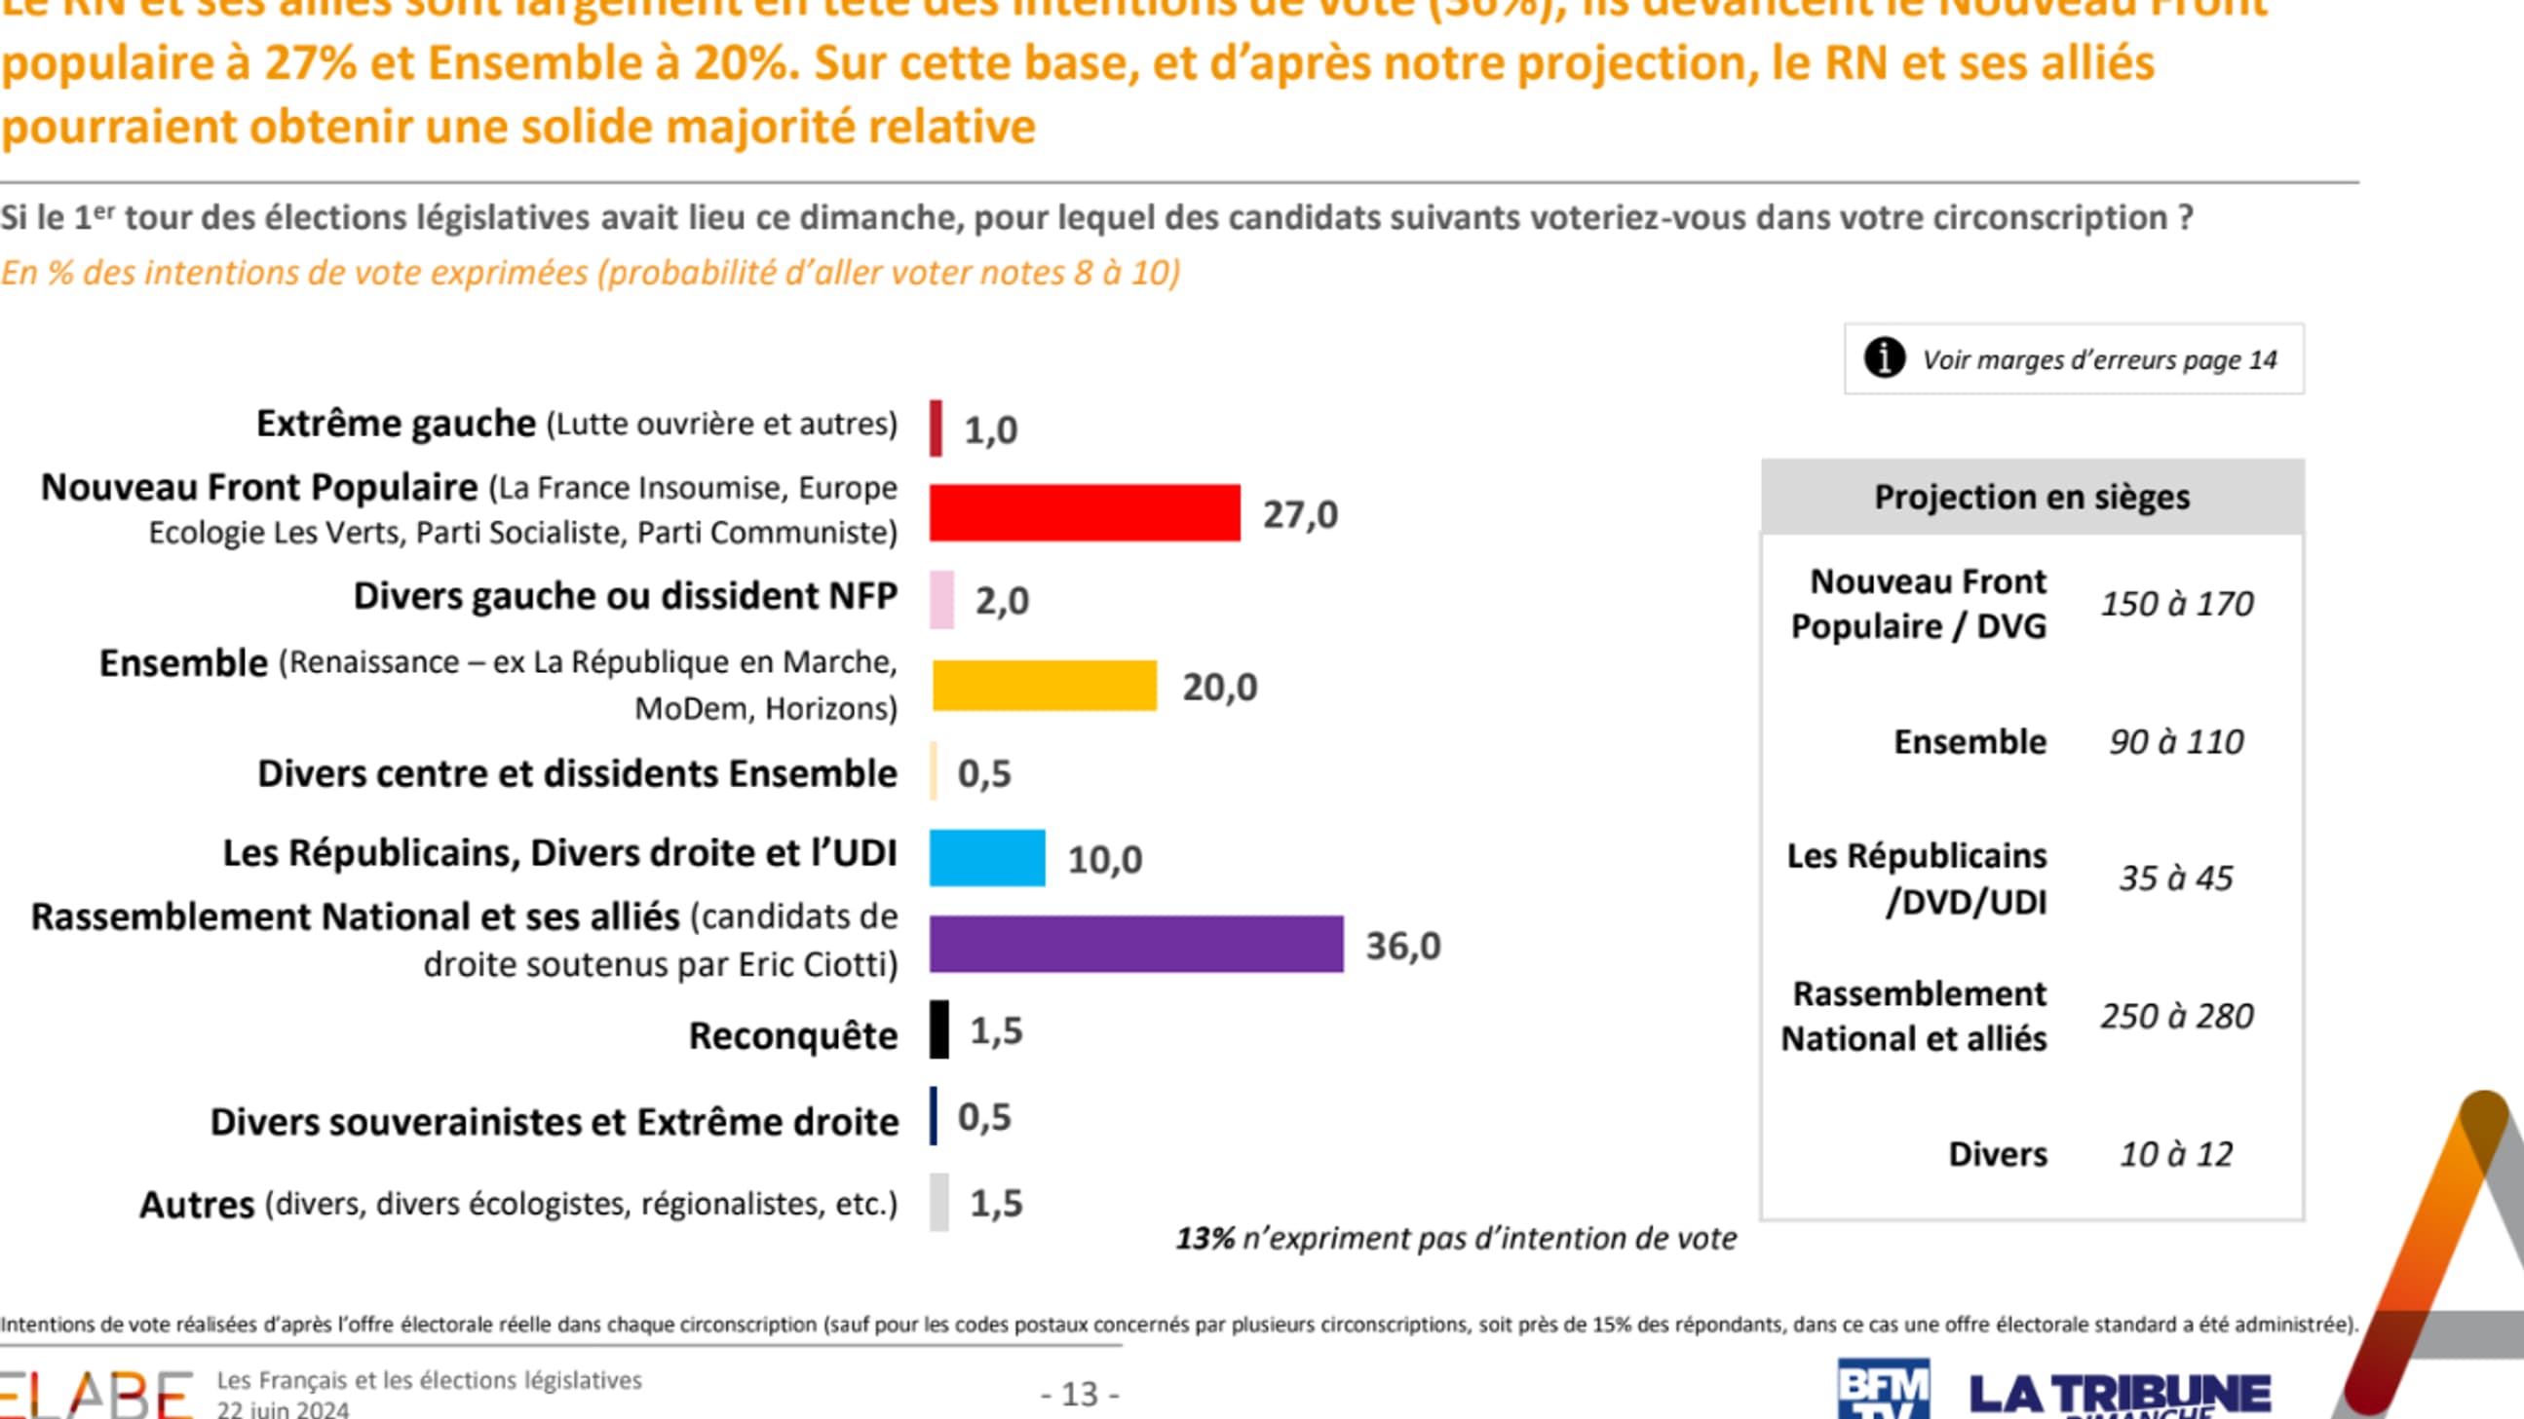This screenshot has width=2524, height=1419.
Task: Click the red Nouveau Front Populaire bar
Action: click(x=1084, y=512)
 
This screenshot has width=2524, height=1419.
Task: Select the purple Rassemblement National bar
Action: click(x=1135, y=944)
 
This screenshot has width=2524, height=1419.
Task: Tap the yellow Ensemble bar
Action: click(x=1044, y=686)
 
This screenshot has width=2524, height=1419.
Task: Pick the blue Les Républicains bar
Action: click(x=986, y=858)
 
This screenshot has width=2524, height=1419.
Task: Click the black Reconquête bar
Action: click(x=938, y=1029)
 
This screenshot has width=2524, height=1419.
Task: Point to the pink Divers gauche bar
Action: click(x=941, y=599)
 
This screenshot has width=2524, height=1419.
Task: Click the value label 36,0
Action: click(x=1403, y=946)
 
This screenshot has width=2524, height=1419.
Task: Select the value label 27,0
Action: click(x=1299, y=514)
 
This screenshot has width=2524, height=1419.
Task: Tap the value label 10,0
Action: click(x=1104, y=860)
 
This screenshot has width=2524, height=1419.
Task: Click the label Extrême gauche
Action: click(x=396, y=424)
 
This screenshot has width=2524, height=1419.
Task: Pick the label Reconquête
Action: click(x=792, y=1035)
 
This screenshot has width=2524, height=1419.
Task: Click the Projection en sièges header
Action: click(x=2031, y=497)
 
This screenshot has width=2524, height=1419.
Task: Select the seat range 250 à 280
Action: click(x=2176, y=1017)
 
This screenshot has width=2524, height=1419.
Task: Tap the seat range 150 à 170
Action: click(x=2176, y=603)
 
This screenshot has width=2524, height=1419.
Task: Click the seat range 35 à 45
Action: click(x=2175, y=878)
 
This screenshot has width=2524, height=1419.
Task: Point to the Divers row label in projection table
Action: click(x=1997, y=1155)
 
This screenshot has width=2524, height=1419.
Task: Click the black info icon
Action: click(x=1884, y=357)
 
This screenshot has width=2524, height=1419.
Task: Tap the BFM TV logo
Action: click(x=1882, y=1388)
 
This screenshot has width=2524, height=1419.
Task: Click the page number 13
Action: click(x=1080, y=1394)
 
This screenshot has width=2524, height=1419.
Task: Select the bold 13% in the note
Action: click(x=1205, y=1239)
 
